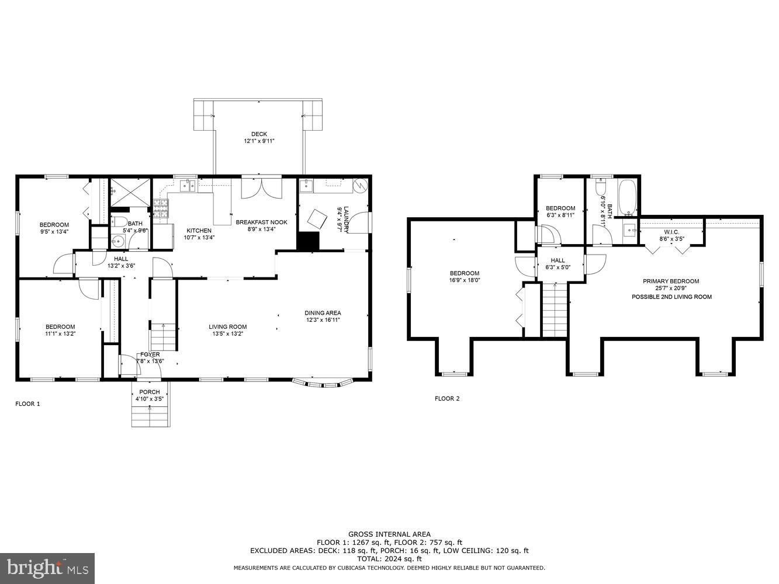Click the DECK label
259,134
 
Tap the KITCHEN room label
199,231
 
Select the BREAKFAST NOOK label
262,223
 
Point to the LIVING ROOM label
227,327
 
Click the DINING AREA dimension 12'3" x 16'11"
323,320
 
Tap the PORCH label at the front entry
150,392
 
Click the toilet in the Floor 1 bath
119,222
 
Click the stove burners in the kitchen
161,209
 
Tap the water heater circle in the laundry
360,185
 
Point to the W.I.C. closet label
671,232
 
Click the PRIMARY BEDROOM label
671,281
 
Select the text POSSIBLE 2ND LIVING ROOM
671,297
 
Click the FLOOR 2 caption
447,398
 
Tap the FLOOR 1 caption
27,404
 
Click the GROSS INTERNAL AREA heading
389,534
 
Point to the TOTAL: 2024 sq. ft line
389,559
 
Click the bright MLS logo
47,568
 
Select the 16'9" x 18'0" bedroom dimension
464,280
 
